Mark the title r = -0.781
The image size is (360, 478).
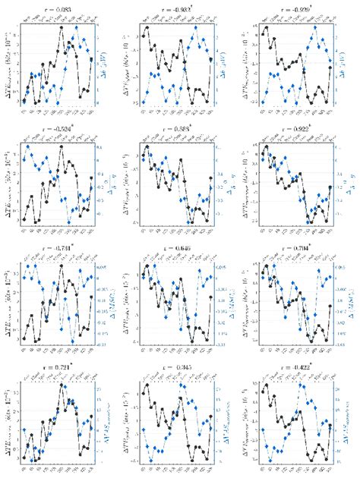[58, 248]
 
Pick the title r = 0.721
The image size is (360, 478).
[58, 368]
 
